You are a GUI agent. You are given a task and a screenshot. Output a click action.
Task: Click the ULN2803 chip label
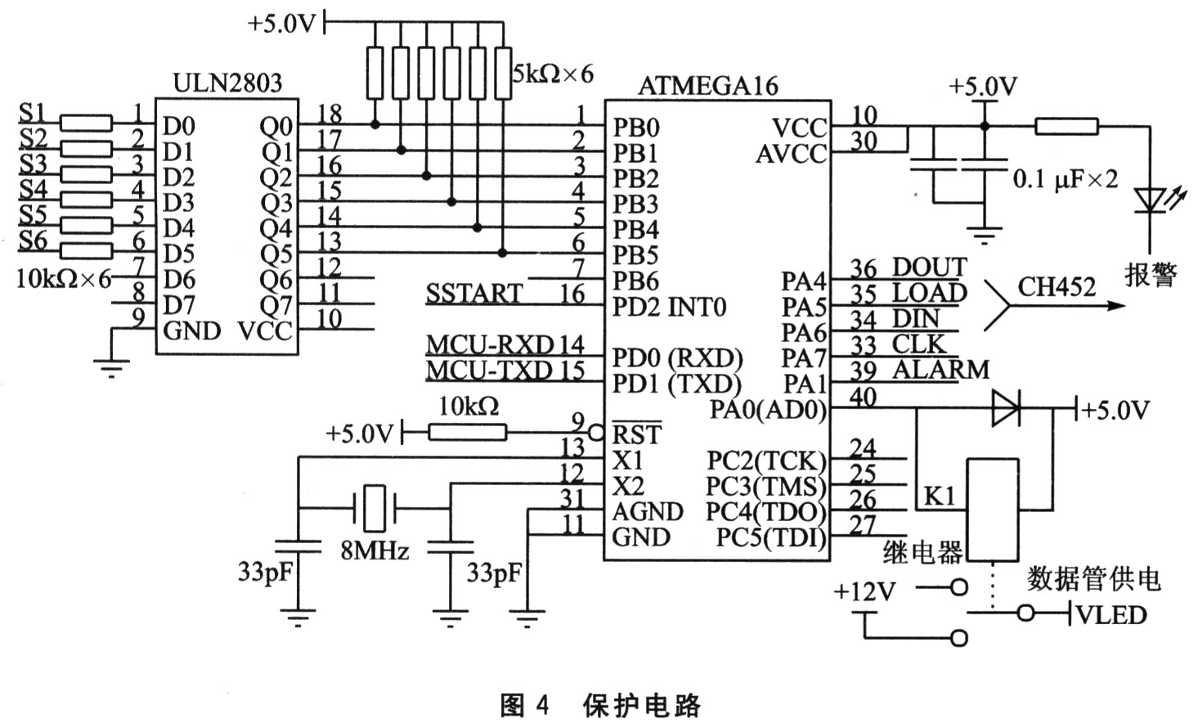click(228, 83)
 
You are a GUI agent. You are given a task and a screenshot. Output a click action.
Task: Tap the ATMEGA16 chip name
click(708, 86)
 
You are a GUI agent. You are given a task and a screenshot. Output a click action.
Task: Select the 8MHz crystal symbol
click(374, 506)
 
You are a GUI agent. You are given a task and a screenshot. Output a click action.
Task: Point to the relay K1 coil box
click(994, 510)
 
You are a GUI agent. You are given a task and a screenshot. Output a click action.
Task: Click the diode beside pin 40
click(1005, 407)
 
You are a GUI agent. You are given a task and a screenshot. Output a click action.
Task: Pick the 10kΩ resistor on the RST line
click(468, 432)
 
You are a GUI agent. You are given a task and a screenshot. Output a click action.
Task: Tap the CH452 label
click(1057, 287)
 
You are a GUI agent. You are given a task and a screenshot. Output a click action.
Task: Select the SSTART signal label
click(474, 294)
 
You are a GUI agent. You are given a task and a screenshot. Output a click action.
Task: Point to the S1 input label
click(33, 113)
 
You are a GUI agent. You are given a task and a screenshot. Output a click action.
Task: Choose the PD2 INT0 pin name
click(669, 308)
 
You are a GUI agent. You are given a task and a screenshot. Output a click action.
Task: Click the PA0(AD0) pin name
click(768, 409)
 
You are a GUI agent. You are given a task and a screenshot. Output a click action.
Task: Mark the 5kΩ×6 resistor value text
click(553, 74)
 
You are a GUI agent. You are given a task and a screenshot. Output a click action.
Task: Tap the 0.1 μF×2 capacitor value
click(1065, 179)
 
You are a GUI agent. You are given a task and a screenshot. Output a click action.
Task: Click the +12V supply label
click(864, 591)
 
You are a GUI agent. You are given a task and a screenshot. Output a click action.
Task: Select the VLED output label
click(1112, 614)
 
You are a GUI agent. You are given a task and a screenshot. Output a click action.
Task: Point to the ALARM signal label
click(940, 370)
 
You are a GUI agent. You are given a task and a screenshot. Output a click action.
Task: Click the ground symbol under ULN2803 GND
click(111, 366)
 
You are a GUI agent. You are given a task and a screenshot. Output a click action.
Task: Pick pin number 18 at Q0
click(329, 114)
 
